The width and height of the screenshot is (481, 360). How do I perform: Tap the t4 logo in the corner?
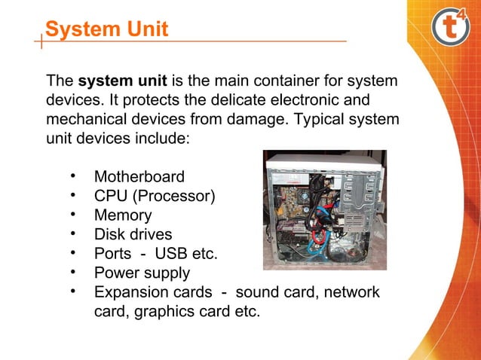pyautogui.click(x=450, y=28)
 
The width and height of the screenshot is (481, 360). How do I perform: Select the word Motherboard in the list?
pyautogui.click(x=139, y=178)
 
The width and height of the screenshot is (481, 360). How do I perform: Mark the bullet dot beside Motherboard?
pyautogui.click(x=74, y=176)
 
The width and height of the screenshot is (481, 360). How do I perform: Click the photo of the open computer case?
pyautogui.click(x=324, y=210)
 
